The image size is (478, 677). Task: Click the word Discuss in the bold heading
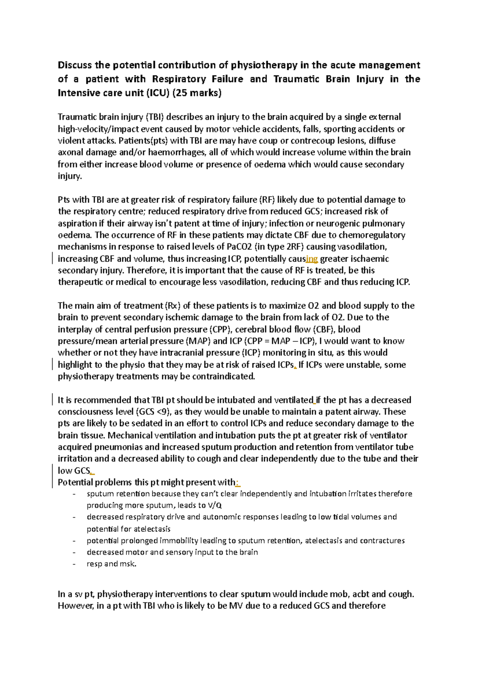pos(74,65)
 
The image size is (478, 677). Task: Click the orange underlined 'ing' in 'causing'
pos(312,259)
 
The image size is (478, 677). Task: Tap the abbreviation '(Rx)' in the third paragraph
pos(172,306)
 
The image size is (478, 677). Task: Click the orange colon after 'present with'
pos(237,482)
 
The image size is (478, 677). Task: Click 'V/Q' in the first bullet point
pos(215,506)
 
